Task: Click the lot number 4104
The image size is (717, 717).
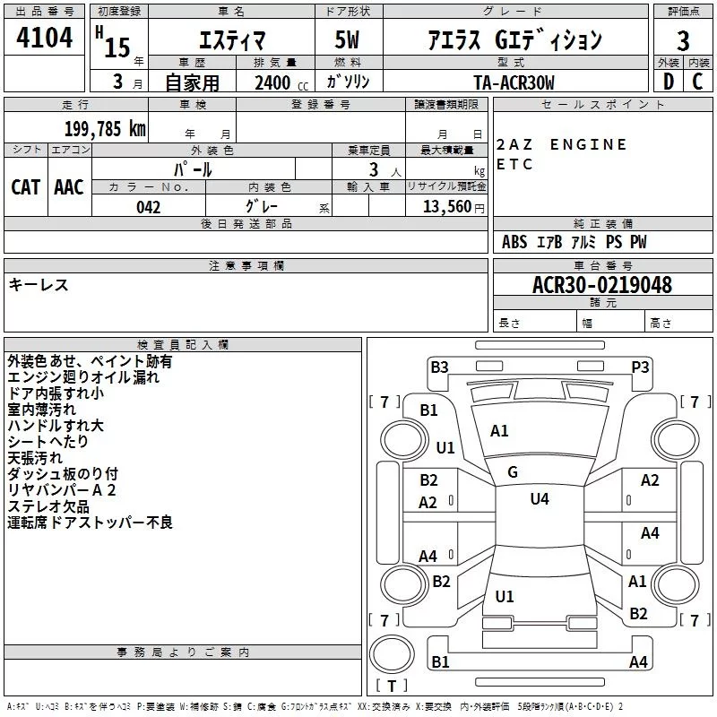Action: (x=44, y=37)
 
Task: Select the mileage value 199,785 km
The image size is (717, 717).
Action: (x=105, y=129)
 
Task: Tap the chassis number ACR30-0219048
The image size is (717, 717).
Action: (x=602, y=284)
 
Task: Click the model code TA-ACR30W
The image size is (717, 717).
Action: (x=514, y=82)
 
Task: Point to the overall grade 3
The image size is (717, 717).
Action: (x=683, y=40)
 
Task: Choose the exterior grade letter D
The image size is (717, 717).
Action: (x=668, y=82)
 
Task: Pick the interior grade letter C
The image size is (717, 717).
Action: (x=697, y=82)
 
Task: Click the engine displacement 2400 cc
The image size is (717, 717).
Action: (x=281, y=83)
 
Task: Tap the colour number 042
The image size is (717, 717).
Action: (x=149, y=207)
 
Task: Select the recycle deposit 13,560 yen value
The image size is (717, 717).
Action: (x=454, y=207)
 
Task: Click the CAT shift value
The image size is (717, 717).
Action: (x=26, y=187)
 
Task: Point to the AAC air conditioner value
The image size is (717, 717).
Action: (x=69, y=187)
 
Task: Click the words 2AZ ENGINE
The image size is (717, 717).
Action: (x=561, y=144)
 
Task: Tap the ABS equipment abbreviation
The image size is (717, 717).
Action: (x=514, y=242)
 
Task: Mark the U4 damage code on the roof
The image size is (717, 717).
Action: (x=540, y=499)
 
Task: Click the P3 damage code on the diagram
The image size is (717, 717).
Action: (x=640, y=367)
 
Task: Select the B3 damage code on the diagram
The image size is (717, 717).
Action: (x=439, y=367)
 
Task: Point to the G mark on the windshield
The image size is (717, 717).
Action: (x=513, y=472)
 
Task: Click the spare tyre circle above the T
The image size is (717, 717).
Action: (x=392, y=654)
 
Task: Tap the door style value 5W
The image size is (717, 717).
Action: (x=347, y=39)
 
